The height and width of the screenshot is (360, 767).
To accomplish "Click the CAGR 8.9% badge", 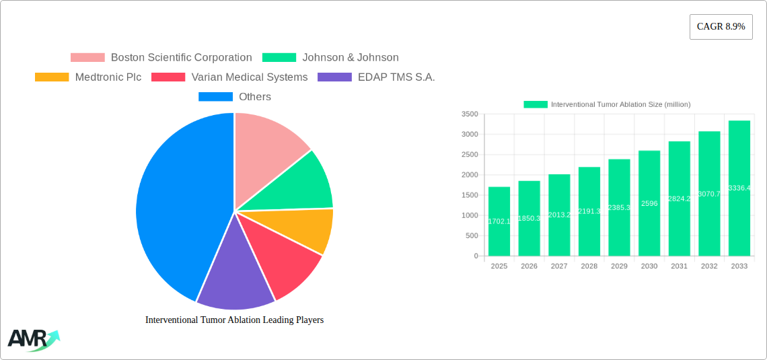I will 721,27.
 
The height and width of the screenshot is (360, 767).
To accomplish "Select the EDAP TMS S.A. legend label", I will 396,77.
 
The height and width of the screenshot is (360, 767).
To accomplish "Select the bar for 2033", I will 739,188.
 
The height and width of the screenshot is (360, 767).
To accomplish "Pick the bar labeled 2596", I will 649,203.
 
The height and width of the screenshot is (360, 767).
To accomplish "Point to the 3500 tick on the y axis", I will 470,114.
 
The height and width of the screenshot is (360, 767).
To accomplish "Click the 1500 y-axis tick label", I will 470,195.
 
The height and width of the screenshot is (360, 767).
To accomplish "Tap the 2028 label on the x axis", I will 589,266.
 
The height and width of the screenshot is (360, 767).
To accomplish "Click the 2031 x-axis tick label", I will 679,266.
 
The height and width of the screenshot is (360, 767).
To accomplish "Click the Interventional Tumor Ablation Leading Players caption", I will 234,320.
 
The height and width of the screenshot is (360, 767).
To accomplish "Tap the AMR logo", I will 32,340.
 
